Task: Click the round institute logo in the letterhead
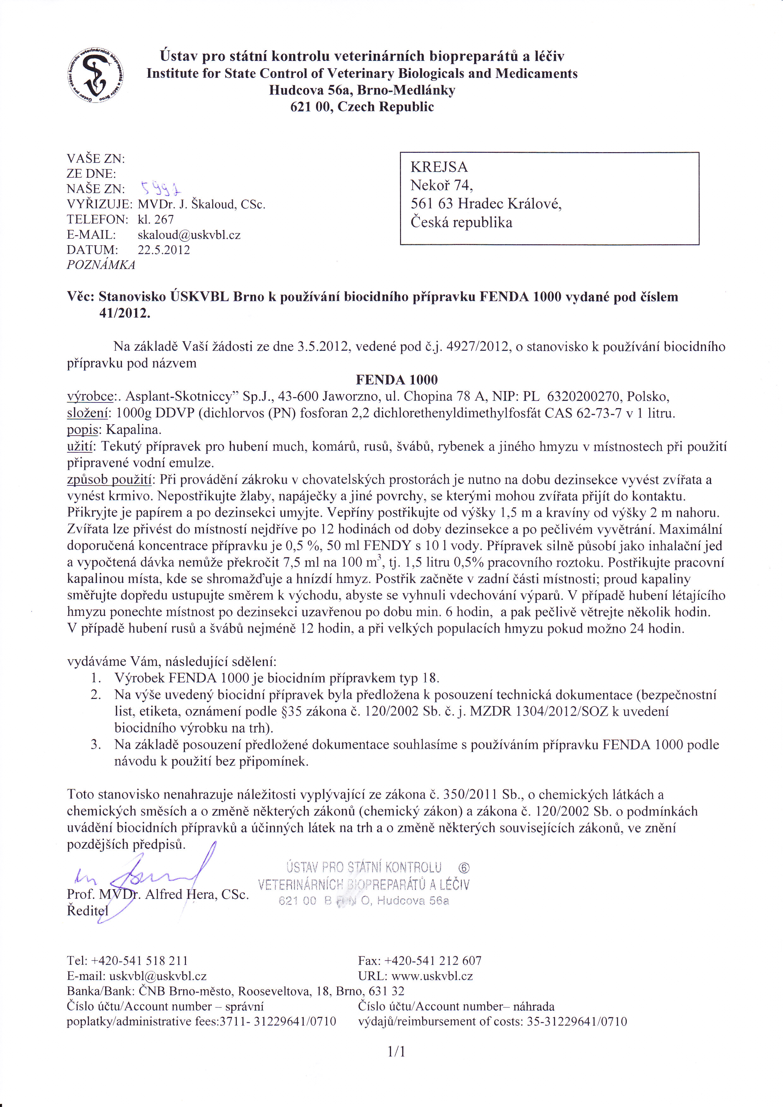tap(95, 77)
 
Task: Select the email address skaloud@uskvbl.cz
tap(189, 235)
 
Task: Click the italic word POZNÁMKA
tap(101, 265)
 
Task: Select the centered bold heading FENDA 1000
tap(397, 380)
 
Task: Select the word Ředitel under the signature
tap(88, 911)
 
